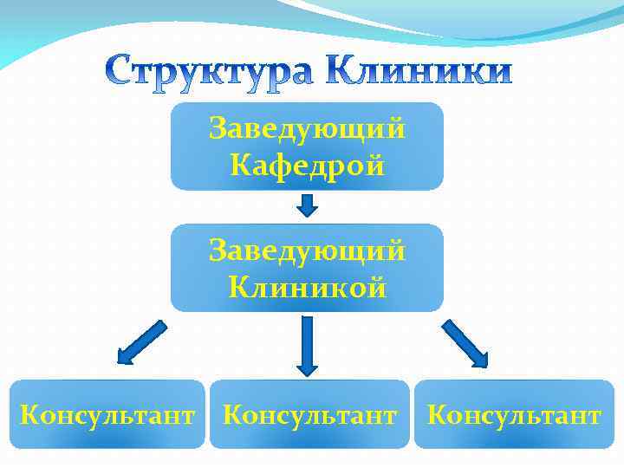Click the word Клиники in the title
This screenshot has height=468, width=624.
click(x=420, y=71)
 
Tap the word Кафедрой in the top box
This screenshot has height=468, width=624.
click(x=308, y=165)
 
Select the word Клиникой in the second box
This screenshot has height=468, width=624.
click(x=308, y=287)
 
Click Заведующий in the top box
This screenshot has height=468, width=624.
click(x=308, y=130)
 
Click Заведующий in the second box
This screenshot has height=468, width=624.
click(x=308, y=251)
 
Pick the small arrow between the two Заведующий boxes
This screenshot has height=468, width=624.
click(x=308, y=206)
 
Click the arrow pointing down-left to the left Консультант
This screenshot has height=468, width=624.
click(x=140, y=341)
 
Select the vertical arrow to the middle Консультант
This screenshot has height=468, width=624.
click(x=309, y=345)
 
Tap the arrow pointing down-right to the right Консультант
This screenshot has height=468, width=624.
click(x=465, y=343)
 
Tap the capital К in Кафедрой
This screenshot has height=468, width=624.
click(x=239, y=165)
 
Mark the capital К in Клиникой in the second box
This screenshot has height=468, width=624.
click(x=238, y=287)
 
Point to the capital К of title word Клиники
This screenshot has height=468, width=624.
click(x=344, y=71)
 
